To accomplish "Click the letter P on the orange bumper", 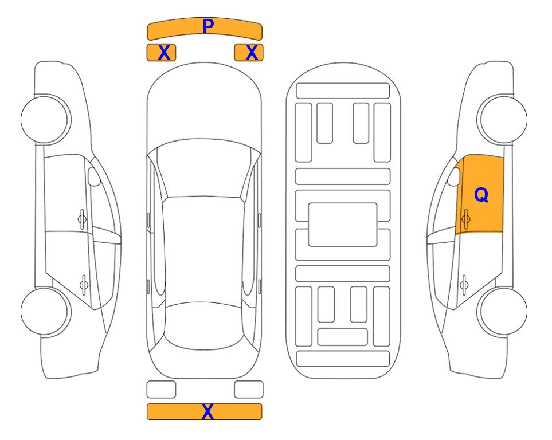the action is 208,26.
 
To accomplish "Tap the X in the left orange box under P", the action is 164,53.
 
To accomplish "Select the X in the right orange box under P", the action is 252,53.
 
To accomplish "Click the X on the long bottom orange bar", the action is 208,411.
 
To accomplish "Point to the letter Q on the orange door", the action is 481,195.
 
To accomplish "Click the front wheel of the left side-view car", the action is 45,119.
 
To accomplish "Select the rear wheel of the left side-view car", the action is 45,311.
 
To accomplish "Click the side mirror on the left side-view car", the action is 94,176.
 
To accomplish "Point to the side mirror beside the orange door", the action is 454,176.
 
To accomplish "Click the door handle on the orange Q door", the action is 465,219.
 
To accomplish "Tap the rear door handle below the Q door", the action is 464,284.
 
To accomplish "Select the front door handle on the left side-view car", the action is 82,219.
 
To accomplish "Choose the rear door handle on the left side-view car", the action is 84,284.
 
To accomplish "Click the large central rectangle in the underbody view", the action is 343,225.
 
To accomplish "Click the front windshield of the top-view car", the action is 204,168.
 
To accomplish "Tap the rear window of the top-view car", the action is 204,325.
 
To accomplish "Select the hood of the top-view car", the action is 204,105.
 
